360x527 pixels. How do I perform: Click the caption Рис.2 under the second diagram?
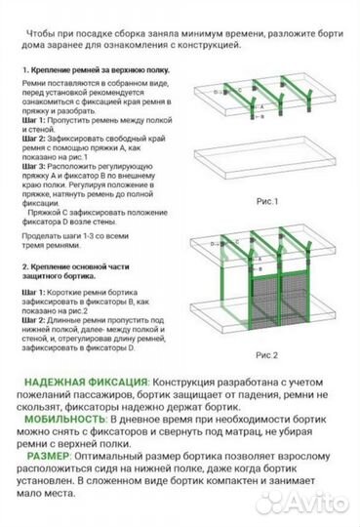(x=266, y=355)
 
